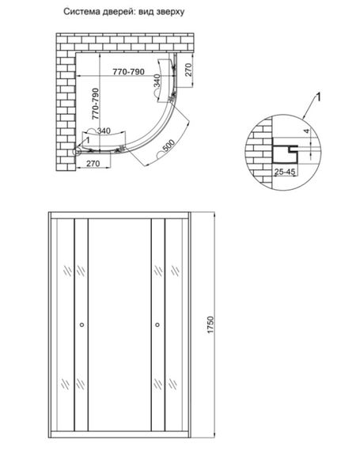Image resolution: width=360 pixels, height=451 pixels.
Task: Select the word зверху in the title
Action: coord(171,13)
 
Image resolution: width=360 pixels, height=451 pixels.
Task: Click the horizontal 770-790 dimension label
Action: coord(128,72)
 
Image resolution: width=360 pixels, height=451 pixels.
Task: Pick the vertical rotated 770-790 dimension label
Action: coord(95,104)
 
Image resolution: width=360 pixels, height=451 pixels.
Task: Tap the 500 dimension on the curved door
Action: coord(169,146)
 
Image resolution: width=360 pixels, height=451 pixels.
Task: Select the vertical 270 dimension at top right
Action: coord(188,70)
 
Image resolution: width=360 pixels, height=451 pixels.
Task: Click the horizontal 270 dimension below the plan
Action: coord(93,163)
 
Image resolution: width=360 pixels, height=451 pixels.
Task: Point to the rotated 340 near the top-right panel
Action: coord(157,81)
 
